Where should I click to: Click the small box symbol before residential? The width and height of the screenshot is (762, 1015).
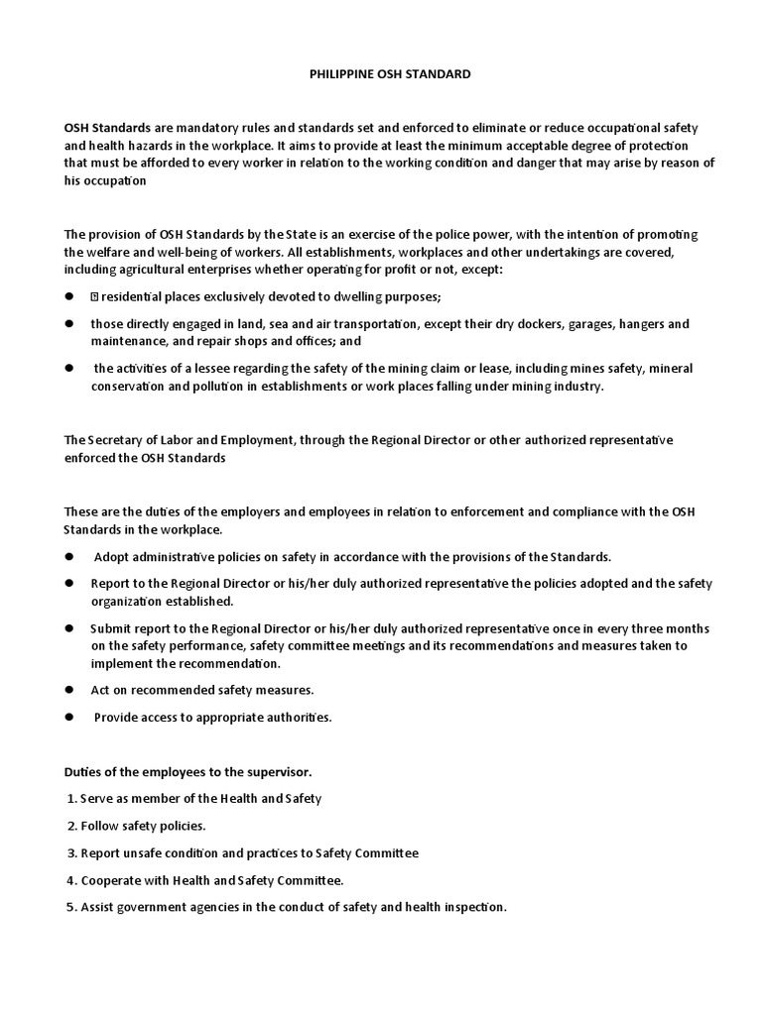click(x=95, y=296)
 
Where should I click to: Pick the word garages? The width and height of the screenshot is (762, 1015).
click(x=604, y=324)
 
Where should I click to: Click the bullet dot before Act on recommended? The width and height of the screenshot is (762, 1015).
click(x=69, y=689)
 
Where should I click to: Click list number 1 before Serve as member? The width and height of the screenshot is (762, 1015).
click(x=70, y=798)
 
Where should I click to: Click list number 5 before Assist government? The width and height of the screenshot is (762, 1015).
click(x=70, y=906)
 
